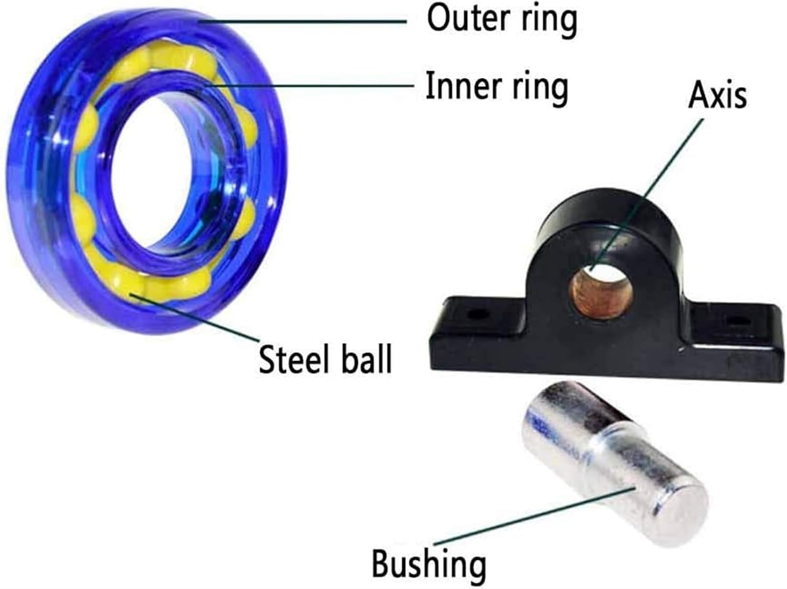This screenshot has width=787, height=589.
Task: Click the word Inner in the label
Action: pos(453,86)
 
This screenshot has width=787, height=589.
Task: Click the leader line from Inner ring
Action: pos(315,86)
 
